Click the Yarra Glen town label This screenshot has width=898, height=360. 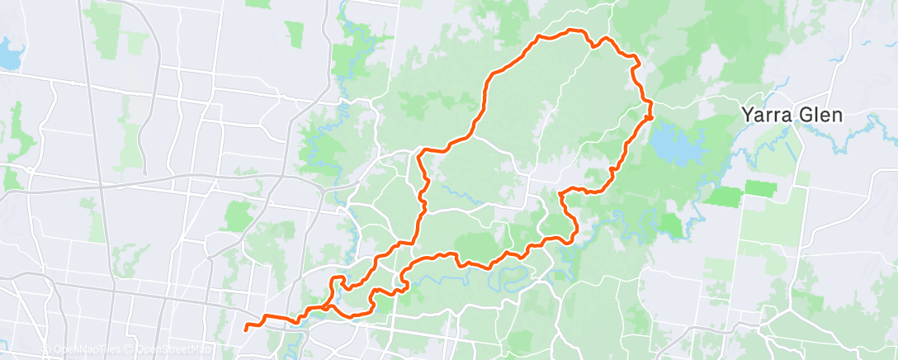(x=791, y=115)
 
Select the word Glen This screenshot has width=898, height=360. (x=819, y=115)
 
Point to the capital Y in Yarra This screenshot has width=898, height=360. (x=747, y=115)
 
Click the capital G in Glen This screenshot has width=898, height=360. (x=803, y=115)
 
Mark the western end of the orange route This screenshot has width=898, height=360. (x=246, y=329)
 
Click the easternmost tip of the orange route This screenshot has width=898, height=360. (x=651, y=116)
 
